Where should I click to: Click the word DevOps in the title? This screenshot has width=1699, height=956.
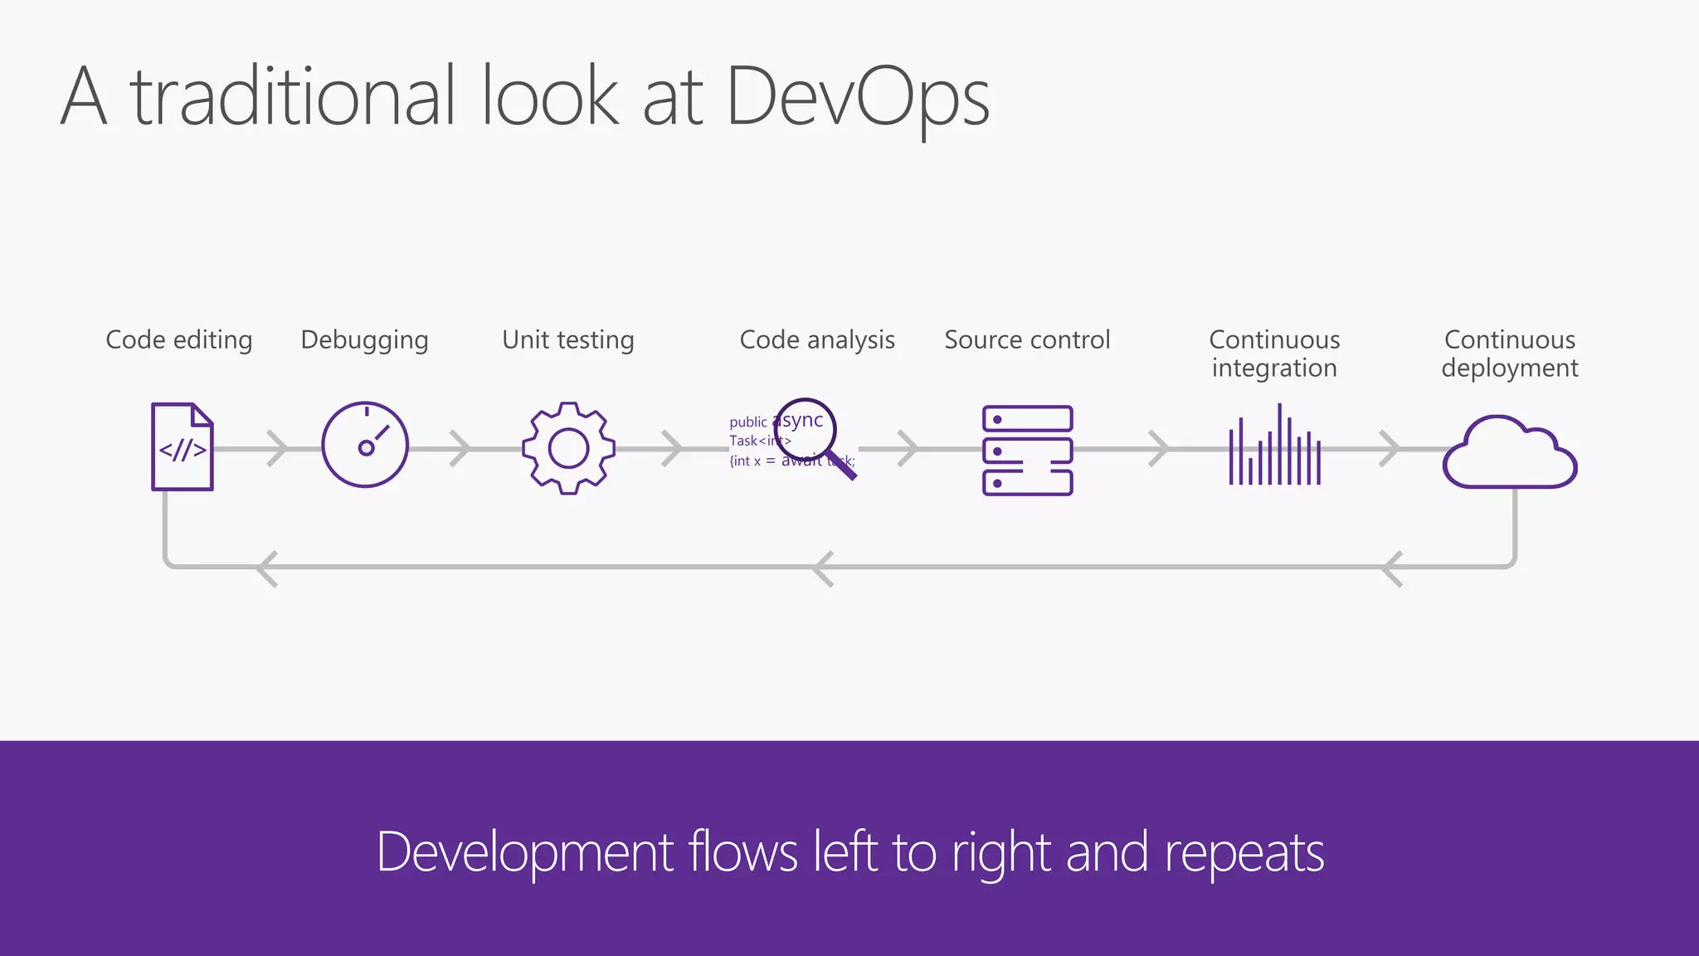tap(858, 98)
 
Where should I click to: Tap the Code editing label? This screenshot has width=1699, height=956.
tap(179, 340)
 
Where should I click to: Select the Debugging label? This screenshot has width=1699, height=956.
tap(364, 340)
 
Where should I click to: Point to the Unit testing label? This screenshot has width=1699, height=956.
tap(568, 340)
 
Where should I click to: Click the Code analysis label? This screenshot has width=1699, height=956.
tap(817, 340)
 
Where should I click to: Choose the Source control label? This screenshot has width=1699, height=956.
tap(1027, 340)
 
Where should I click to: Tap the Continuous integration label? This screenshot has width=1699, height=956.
tap(1274, 354)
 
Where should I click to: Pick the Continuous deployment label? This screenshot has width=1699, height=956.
tap(1510, 354)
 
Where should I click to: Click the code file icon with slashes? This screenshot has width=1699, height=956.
tap(183, 446)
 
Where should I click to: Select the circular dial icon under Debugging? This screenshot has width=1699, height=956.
tap(365, 445)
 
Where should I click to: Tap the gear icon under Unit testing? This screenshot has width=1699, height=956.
tap(568, 448)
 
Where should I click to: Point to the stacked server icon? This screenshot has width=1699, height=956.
tap(1027, 451)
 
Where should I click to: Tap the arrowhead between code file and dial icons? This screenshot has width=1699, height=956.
tap(279, 449)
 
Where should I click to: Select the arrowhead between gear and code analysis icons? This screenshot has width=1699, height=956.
tap(673, 449)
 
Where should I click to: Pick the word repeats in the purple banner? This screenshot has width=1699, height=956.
tap(1244, 853)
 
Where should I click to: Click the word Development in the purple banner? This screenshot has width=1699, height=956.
tap(525, 853)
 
